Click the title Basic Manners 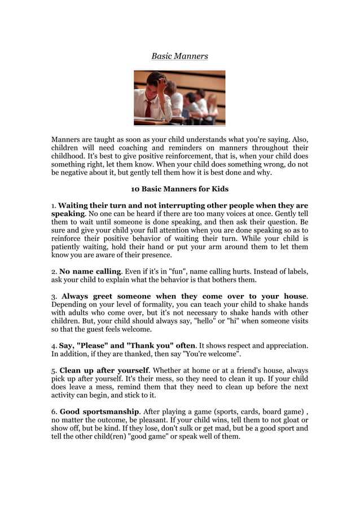(x=179, y=56)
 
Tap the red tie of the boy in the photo (x=148, y=107)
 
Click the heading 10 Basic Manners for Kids (x=179, y=188)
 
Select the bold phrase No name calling (x=90, y=271)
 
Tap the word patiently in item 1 (x=70, y=247)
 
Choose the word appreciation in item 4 (x=284, y=345)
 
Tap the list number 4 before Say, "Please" (x=54, y=345)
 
